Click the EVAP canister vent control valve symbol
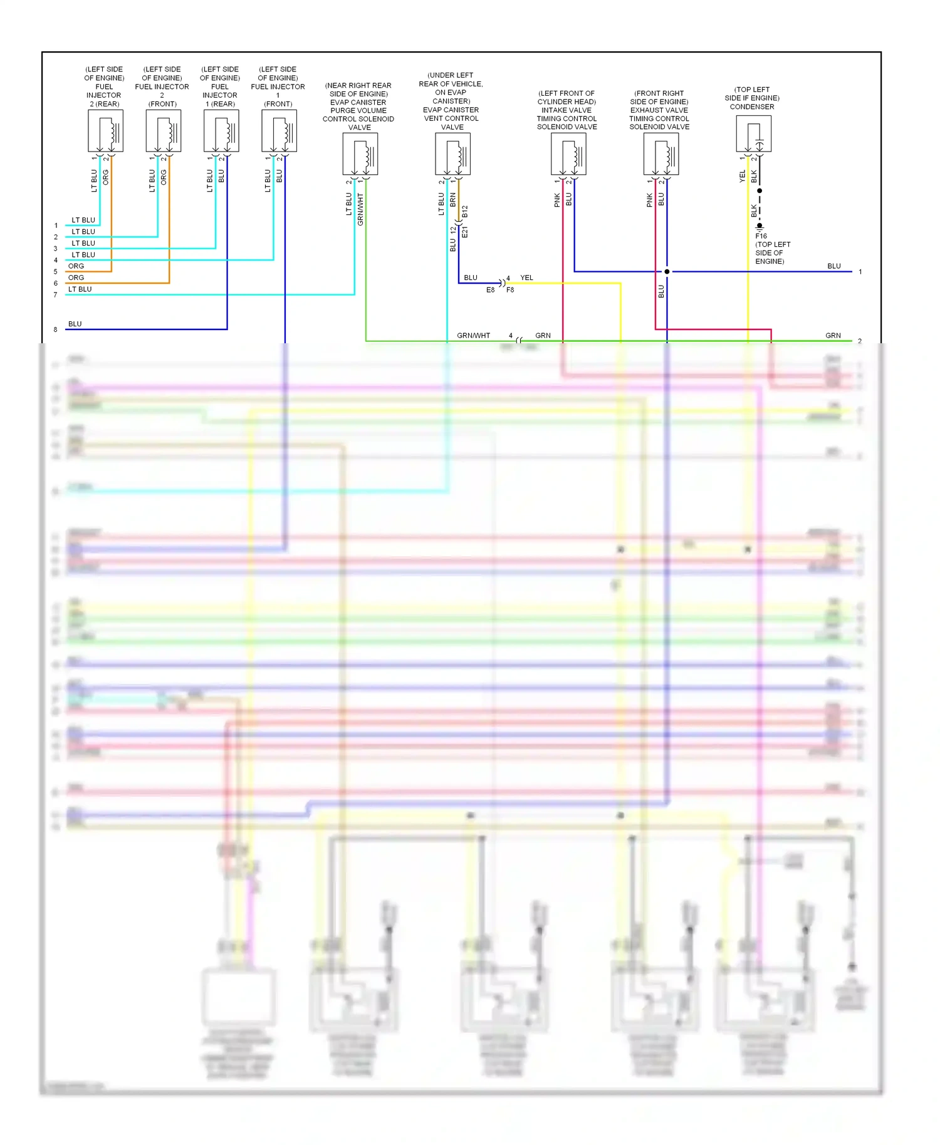452,154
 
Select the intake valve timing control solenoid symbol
568,154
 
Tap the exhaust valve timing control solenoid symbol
661,154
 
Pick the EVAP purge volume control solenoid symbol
360,154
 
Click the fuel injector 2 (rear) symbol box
105,131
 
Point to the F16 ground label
761,236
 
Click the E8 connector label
490,290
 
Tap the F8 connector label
510,290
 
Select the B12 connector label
465,212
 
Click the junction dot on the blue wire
667,272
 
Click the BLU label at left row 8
75,324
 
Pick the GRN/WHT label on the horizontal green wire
473,336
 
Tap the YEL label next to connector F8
526,277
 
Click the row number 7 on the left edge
55,295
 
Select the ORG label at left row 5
76,266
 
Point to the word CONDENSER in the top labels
751,107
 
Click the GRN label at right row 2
833,336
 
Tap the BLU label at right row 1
833,266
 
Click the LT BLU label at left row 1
83,220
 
